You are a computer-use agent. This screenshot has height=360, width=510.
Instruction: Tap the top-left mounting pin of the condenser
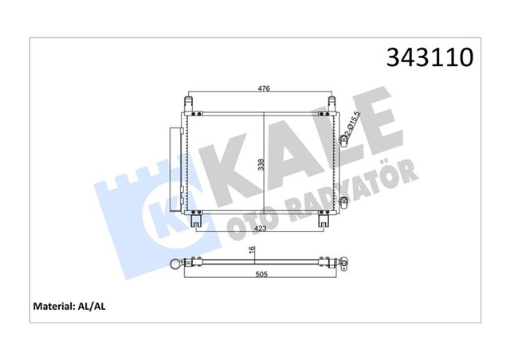[x=189, y=104]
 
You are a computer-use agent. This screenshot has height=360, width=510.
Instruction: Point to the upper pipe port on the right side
[x=345, y=141]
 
